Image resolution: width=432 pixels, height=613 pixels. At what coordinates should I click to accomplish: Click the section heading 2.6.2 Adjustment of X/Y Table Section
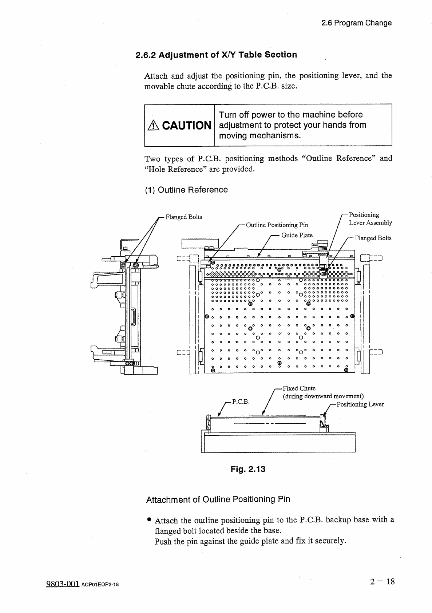[x=216, y=55]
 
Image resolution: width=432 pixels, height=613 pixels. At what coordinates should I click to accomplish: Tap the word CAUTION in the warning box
[x=187, y=126]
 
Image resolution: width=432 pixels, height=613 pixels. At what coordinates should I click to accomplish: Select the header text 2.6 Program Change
[x=356, y=23]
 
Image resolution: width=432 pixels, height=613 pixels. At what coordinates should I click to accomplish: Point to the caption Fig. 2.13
[x=248, y=469]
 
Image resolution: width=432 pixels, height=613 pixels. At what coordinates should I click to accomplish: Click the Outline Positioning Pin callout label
[x=277, y=225]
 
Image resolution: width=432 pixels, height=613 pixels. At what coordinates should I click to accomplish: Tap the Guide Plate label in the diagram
[x=297, y=235]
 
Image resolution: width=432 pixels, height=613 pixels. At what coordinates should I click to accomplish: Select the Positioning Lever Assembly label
[x=370, y=219]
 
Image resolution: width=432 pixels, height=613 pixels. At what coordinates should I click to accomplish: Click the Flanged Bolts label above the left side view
[x=183, y=217]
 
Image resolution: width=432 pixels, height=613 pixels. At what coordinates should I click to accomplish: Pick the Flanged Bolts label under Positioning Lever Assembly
[x=373, y=238]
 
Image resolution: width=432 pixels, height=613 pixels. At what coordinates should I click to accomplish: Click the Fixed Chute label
[x=299, y=388]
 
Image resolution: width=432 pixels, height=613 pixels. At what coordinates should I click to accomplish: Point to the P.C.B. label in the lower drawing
[x=241, y=402]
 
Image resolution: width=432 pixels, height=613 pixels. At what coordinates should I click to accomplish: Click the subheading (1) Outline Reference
[x=186, y=190]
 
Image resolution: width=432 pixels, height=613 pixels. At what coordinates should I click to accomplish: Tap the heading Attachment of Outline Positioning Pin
[x=218, y=499]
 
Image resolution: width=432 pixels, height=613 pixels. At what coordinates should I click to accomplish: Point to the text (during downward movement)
[x=323, y=396]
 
